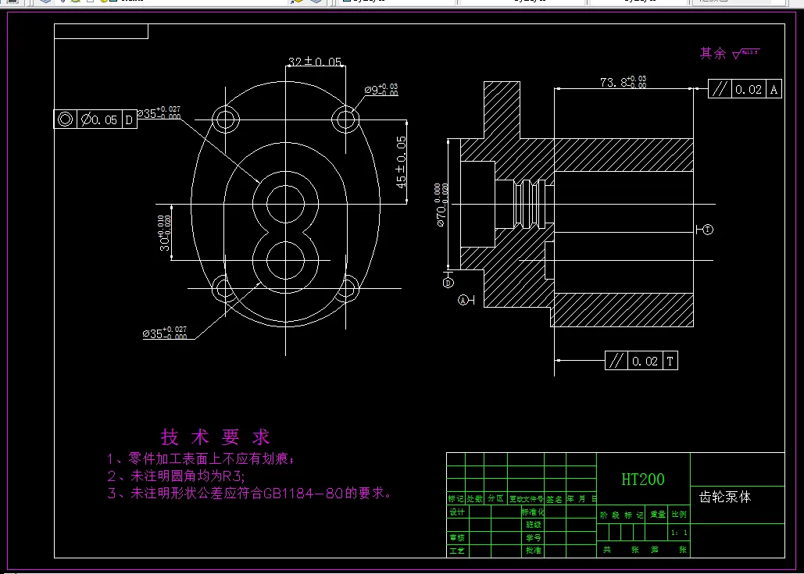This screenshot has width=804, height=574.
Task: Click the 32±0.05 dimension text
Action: [316, 61]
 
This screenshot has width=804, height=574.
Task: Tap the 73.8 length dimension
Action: [623, 82]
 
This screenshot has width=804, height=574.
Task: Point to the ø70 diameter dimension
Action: [441, 205]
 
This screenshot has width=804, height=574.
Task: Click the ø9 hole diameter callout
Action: [381, 90]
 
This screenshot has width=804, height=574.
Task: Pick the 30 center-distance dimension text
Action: [163, 234]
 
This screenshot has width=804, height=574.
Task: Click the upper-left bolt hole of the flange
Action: [227, 119]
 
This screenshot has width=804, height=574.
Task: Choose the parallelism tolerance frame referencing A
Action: [745, 89]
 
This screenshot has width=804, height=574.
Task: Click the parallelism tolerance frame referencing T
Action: [641, 361]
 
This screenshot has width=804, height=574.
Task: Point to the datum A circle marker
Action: [463, 300]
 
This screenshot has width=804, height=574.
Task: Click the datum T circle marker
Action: [707, 230]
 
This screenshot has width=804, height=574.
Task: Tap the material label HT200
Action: [643, 480]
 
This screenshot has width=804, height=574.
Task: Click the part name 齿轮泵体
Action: [724, 497]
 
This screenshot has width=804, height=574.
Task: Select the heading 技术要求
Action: [215, 437]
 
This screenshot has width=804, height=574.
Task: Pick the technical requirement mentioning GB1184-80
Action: [248, 494]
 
